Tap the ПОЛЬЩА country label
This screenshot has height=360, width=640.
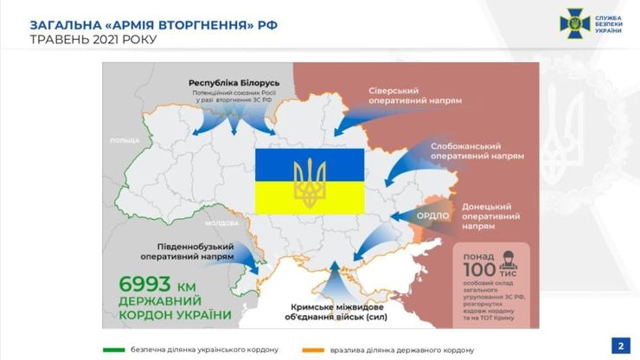[125, 139]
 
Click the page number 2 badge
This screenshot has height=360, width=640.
[620, 346]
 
